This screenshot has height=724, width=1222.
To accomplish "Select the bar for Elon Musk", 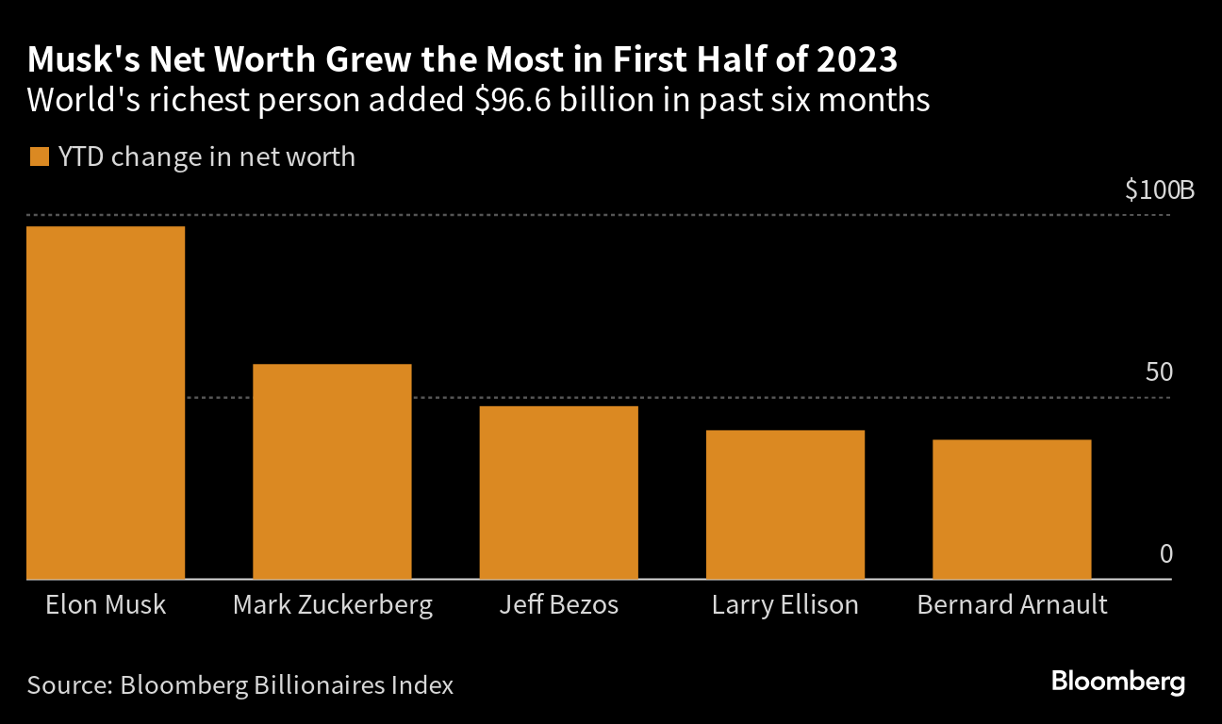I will tap(106, 403).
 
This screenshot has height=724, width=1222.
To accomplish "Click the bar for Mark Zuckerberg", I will tap(332, 471).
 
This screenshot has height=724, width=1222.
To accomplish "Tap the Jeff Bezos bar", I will tap(558, 492).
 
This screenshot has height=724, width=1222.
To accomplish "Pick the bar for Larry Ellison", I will tap(785, 504).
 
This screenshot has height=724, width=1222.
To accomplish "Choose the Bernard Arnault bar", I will tap(1012, 509).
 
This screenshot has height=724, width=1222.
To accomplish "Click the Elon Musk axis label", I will tap(106, 604).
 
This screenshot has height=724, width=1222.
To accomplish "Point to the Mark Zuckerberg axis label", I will tap(332, 604).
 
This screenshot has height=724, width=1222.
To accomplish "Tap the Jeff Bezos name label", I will tap(558, 604).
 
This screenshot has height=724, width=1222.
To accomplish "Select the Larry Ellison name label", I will tap(785, 604).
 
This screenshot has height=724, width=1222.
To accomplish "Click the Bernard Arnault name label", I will tap(1012, 604).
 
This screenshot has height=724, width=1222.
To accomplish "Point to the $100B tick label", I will tap(1159, 190).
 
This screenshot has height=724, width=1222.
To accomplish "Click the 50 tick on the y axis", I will tap(1159, 372).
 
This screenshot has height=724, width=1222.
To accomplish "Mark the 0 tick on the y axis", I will tap(1165, 553).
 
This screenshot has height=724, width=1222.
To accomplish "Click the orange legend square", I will tap(39, 156).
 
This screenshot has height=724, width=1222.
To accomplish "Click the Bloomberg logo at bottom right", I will tap(1118, 682).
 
